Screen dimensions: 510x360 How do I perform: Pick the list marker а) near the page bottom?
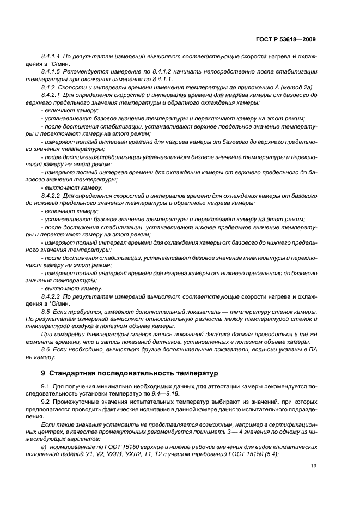tap(44, 447)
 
